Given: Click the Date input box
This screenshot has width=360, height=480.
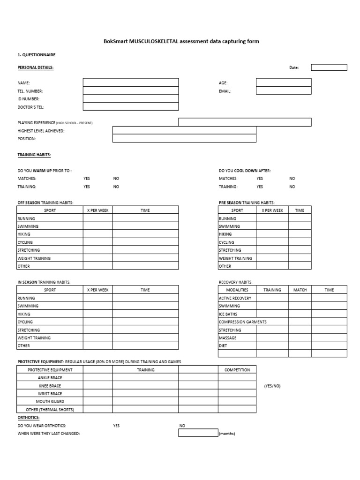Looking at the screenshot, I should pyautogui.click(x=329, y=67).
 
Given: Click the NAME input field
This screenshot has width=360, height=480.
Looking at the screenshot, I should pyautogui.click(x=131, y=82).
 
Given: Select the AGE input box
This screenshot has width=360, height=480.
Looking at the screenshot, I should pyautogui.click(x=284, y=82).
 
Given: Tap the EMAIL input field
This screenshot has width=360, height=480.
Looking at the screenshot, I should pyautogui.click(x=284, y=91).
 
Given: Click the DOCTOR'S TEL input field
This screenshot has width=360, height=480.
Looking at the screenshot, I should pyautogui.click(x=131, y=107).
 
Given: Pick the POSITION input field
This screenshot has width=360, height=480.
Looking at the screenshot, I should pyautogui.click(x=184, y=139).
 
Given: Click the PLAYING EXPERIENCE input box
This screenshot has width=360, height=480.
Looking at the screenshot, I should pyautogui.click(x=245, y=122).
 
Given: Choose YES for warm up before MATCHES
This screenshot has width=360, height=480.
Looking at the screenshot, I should pyautogui.click(x=87, y=179).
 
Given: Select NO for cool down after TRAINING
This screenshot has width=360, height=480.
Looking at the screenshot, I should pyautogui.click(x=292, y=187).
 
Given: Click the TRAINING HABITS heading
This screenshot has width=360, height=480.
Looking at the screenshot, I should pyautogui.click(x=34, y=155).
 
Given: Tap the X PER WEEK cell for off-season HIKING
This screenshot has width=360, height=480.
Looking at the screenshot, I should pyautogui.click(x=97, y=234).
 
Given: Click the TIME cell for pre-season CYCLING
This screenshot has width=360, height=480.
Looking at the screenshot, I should pyautogui.click(x=300, y=242).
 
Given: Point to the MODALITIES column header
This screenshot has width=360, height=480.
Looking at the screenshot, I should pyautogui.click(x=237, y=290).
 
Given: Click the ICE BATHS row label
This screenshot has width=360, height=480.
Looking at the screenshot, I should pyautogui.click(x=228, y=314).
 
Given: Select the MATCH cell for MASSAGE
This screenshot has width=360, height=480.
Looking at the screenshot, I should pyautogui.click(x=300, y=338).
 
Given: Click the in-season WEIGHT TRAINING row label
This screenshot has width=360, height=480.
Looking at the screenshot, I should pyautogui.click(x=34, y=338).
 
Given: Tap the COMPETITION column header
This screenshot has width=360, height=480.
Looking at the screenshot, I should pyautogui.click(x=237, y=370).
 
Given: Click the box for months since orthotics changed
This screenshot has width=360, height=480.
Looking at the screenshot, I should pyautogui.click(x=198, y=433).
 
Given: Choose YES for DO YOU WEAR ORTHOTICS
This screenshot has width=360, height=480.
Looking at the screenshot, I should pyautogui.click(x=116, y=426).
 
